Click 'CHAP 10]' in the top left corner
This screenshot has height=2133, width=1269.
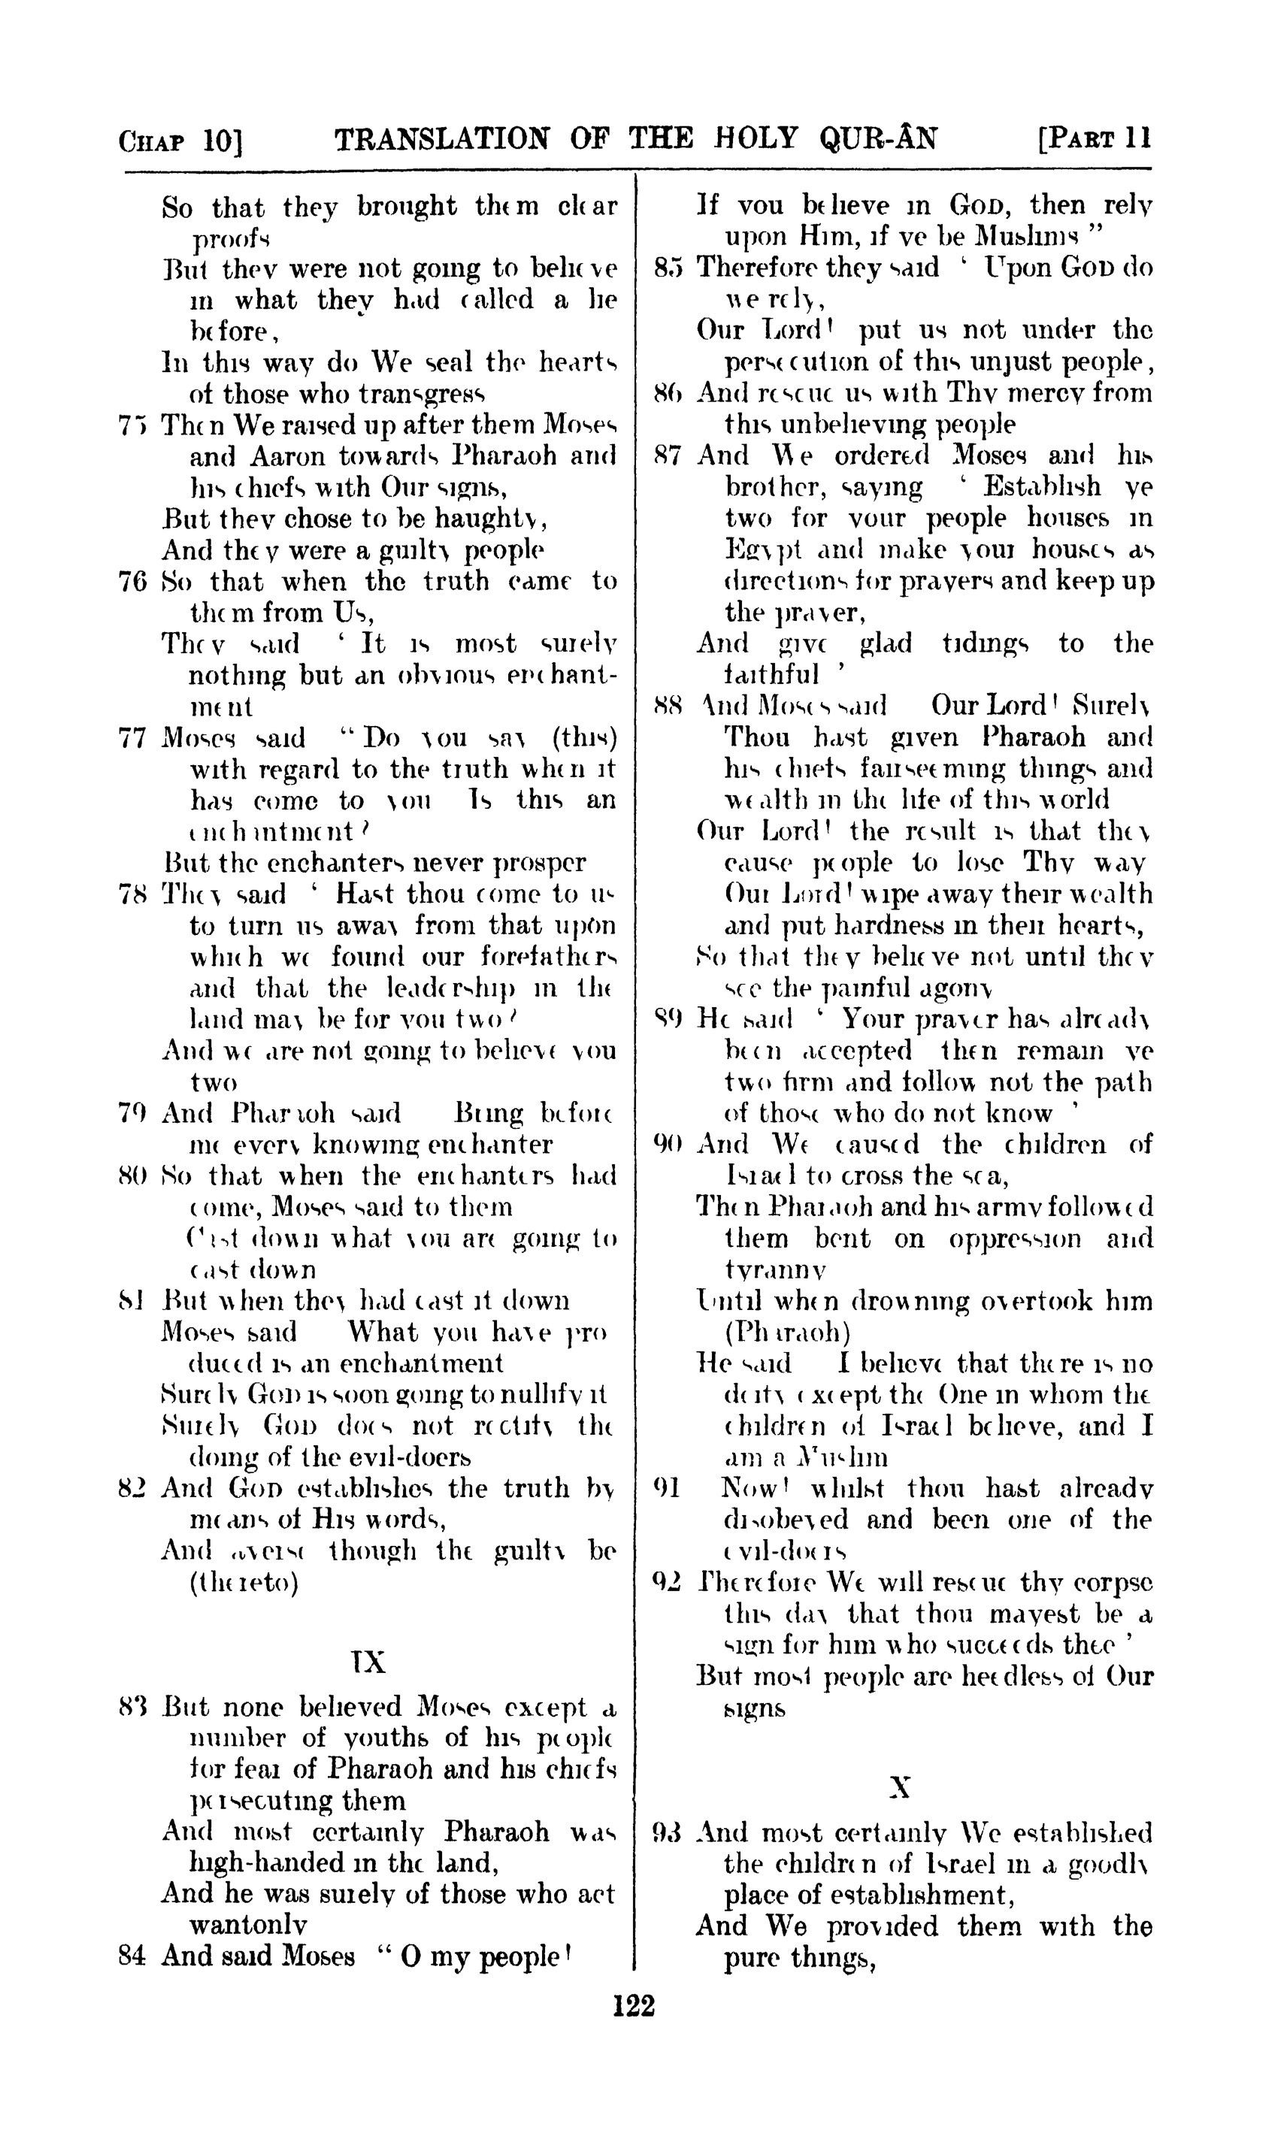coord(180,141)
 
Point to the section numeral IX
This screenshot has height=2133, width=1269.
coord(368,1662)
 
